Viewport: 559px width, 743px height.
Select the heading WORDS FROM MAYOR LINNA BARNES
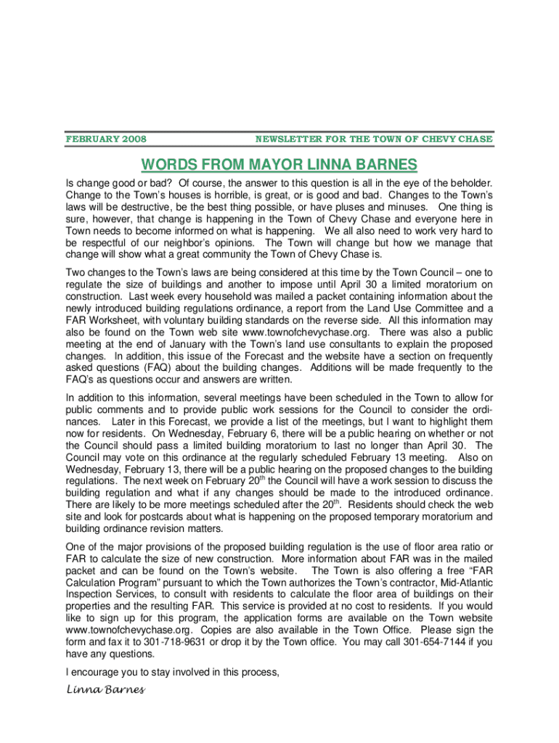279,164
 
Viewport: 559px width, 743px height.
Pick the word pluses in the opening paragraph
344,208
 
